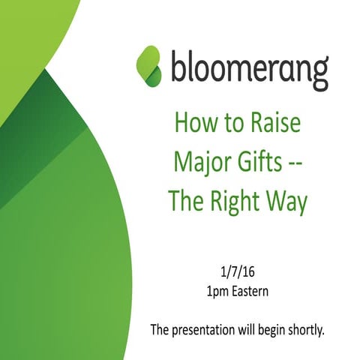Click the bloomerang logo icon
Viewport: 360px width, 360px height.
pyautogui.click(x=150, y=65)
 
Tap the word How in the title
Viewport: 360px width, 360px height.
pyautogui.click(x=192, y=124)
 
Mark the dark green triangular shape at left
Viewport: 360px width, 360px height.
pyautogui.click(x=52, y=120)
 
